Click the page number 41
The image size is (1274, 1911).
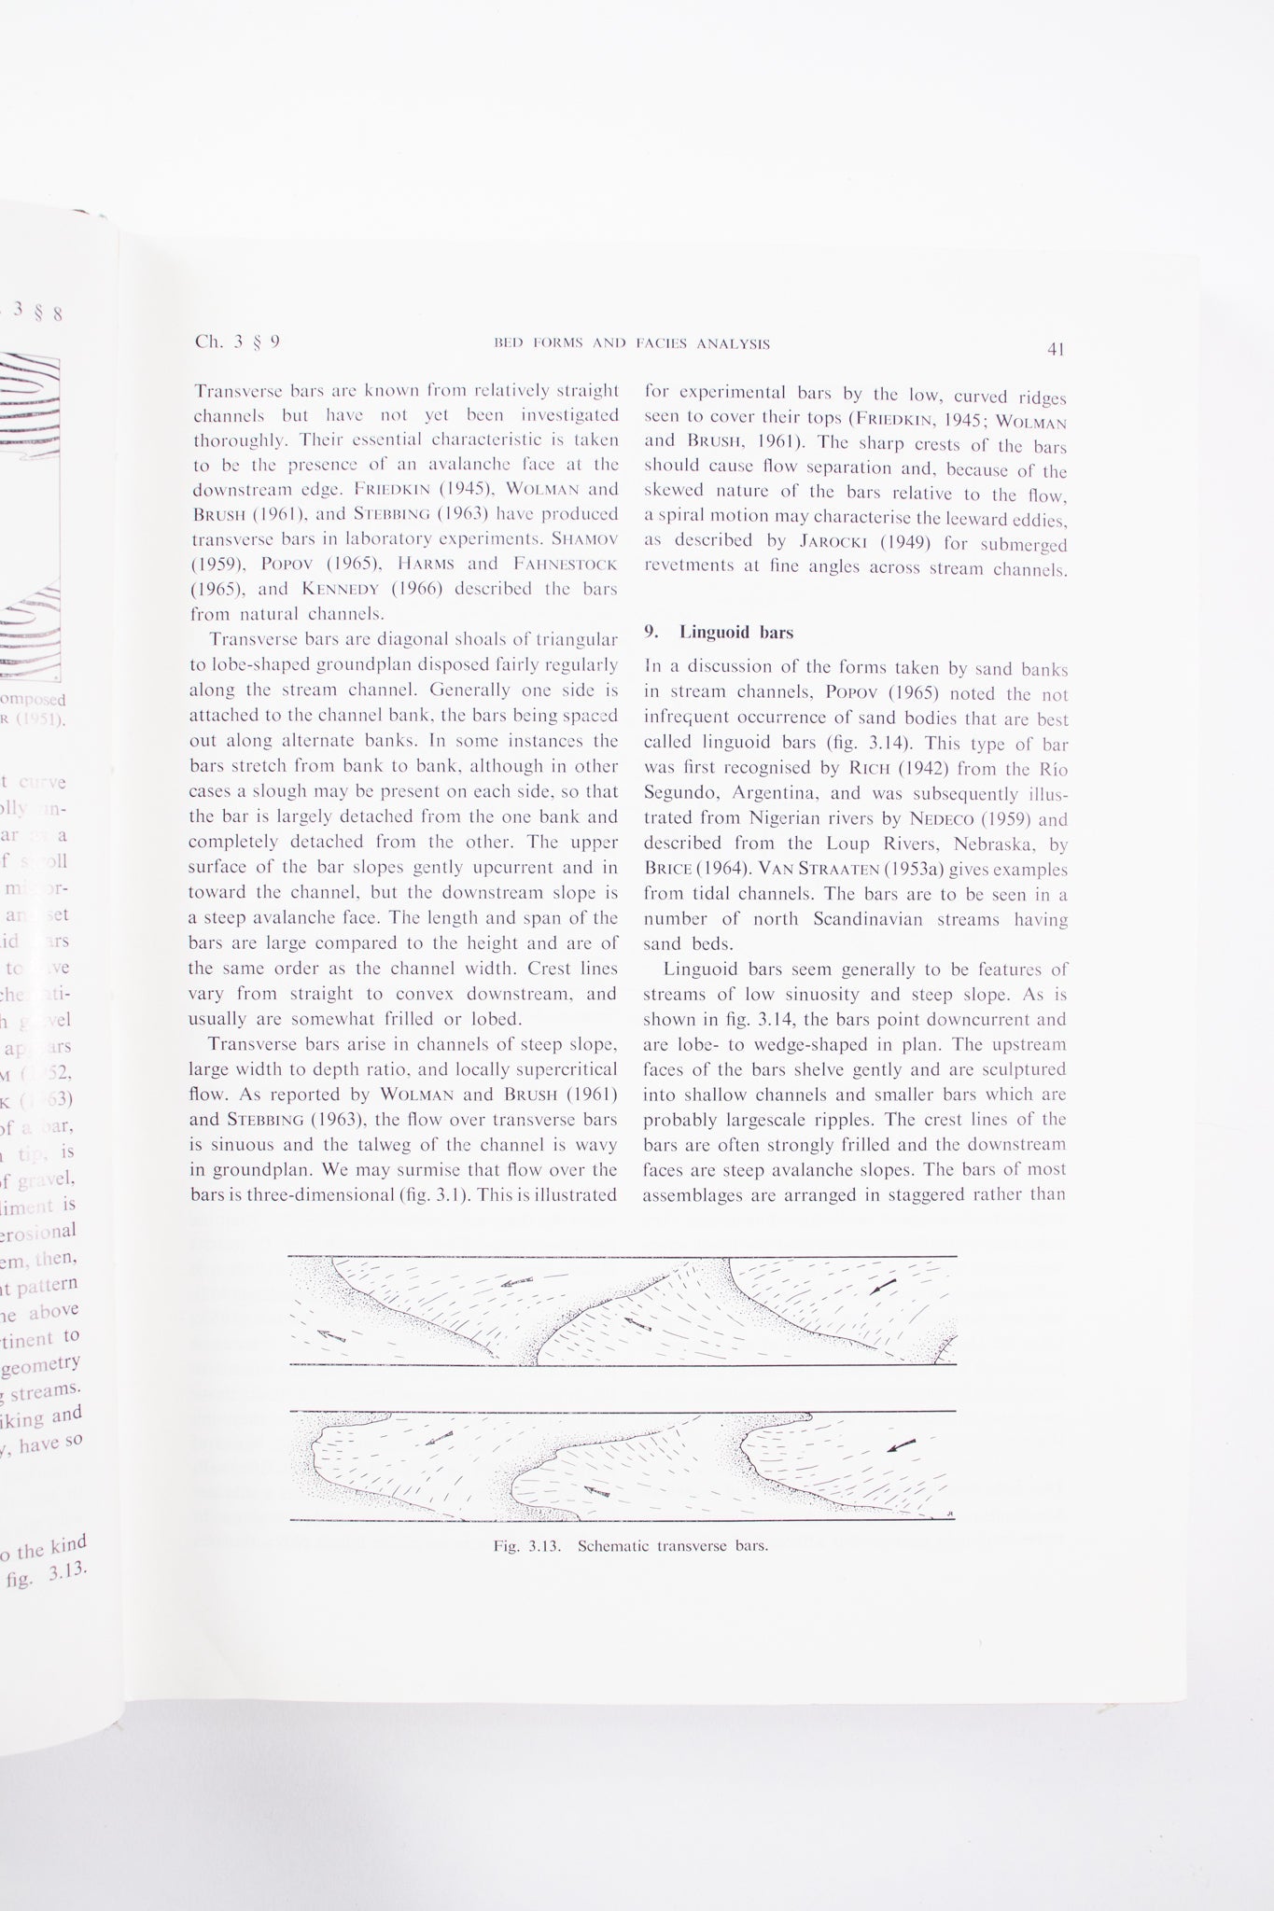point(1056,350)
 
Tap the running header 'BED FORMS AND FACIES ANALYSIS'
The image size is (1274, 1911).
point(632,343)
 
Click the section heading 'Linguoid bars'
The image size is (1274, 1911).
point(736,633)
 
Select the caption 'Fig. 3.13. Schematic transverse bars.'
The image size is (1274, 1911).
point(631,1545)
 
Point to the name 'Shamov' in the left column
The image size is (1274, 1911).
point(584,538)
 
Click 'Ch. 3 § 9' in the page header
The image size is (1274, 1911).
point(236,342)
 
